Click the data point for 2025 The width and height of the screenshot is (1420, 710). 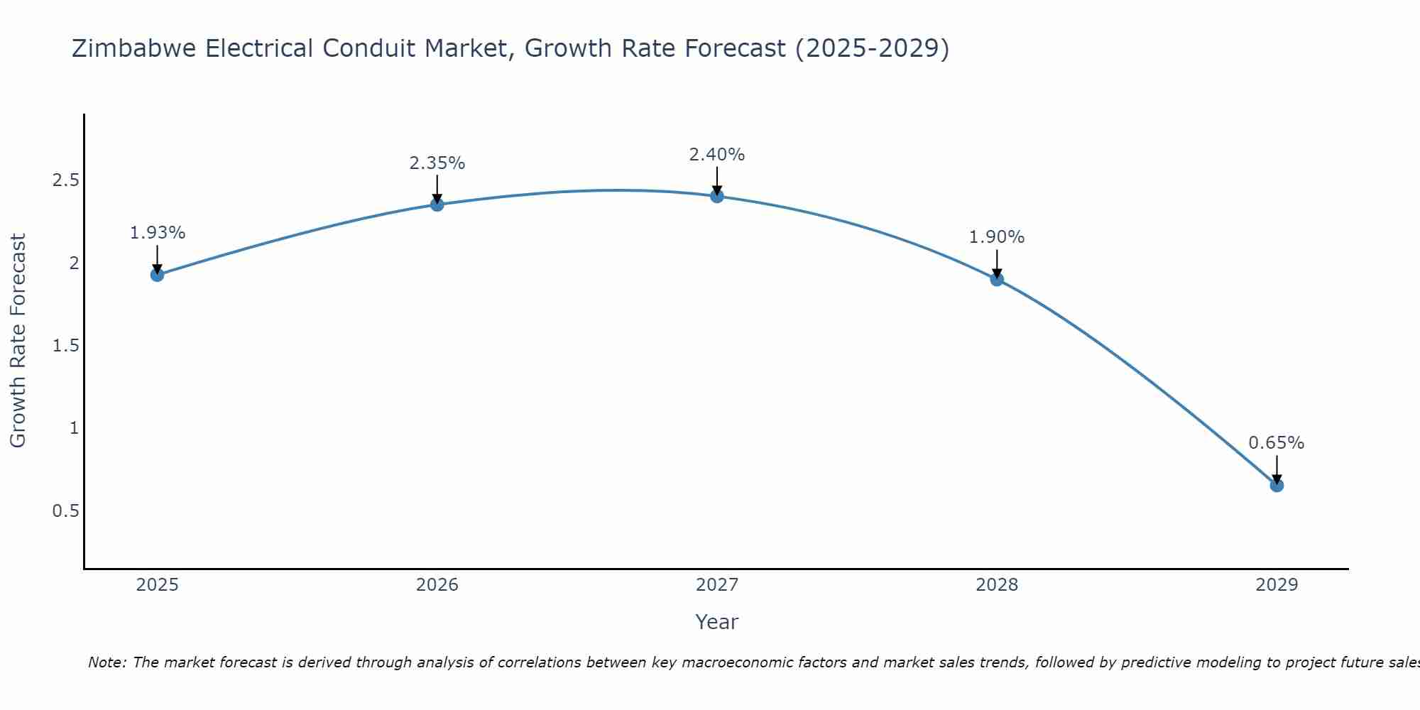[158, 275]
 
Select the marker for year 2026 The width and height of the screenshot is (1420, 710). [437, 204]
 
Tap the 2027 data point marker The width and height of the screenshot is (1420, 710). [717, 196]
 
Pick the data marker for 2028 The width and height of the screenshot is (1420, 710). [997, 279]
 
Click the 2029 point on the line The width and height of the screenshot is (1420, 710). [1277, 486]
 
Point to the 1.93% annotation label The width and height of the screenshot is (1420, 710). [158, 233]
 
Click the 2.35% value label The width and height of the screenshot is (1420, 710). [437, 163]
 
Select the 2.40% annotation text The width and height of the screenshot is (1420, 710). [717, 155]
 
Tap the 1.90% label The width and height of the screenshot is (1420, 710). [997, 237]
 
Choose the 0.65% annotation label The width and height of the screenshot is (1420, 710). [1277, 443]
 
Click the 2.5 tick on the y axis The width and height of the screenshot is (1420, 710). [65, 180]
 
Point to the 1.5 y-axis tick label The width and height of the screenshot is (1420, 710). [65, 346]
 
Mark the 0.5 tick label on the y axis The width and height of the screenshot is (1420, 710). [65, 511]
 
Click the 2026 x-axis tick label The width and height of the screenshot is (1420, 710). [437, 585]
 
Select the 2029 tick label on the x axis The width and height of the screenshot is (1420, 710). [1277, 585]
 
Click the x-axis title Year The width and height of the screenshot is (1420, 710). [717, 622]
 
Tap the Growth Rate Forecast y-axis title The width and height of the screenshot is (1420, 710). [18, 341]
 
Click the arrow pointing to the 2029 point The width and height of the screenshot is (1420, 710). [1277, 469]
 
